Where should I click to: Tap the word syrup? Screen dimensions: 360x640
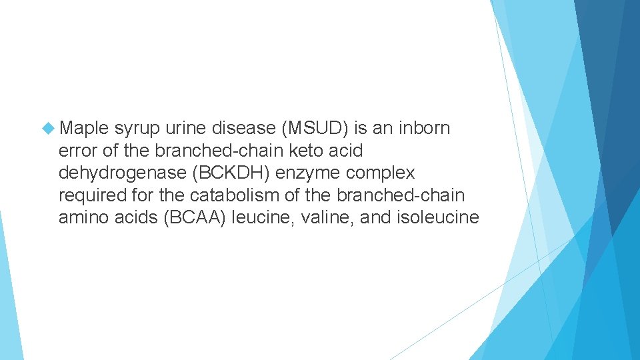[x=137, y=128]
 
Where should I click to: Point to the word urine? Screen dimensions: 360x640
[x=185, y=128]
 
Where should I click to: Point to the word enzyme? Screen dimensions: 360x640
[x=312, y=173]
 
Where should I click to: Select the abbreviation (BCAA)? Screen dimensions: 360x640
[x=195, y=218]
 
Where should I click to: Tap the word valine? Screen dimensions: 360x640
[x=329, y=218]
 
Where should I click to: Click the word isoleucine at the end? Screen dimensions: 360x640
[x=437, y=218]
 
